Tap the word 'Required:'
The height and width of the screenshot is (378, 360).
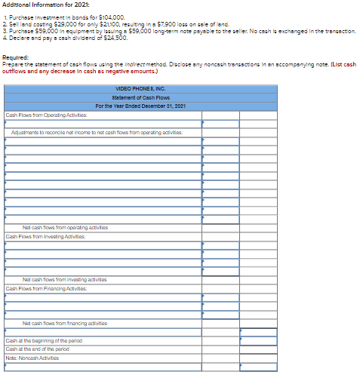pyautogui.click(x=16, y=57)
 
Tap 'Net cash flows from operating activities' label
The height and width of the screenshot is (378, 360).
pyautogui.click(x=66, y=227)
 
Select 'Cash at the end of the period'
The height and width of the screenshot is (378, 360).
pyautogui.click(x=37, y=349)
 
